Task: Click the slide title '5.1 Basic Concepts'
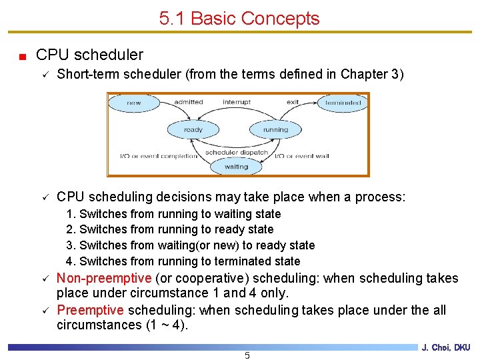(239, 19)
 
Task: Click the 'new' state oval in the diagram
(134, 102)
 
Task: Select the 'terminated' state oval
(343, 102)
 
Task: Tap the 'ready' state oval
(193, 129)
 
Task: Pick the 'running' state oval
(275, 129)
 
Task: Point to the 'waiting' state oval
(236, 166)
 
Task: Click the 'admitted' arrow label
(188, 102)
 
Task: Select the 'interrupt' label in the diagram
(237, 102)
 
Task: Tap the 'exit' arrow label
(293, 102)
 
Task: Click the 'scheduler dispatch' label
(237, 153)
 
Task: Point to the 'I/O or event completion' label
(158, 156)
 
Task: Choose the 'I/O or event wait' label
(302, 156)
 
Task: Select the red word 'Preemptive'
(90, 310)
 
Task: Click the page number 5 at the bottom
(247, 355)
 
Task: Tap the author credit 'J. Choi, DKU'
(446, 347)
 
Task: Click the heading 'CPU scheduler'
(89, 55)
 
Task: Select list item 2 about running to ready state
(170, 229)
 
